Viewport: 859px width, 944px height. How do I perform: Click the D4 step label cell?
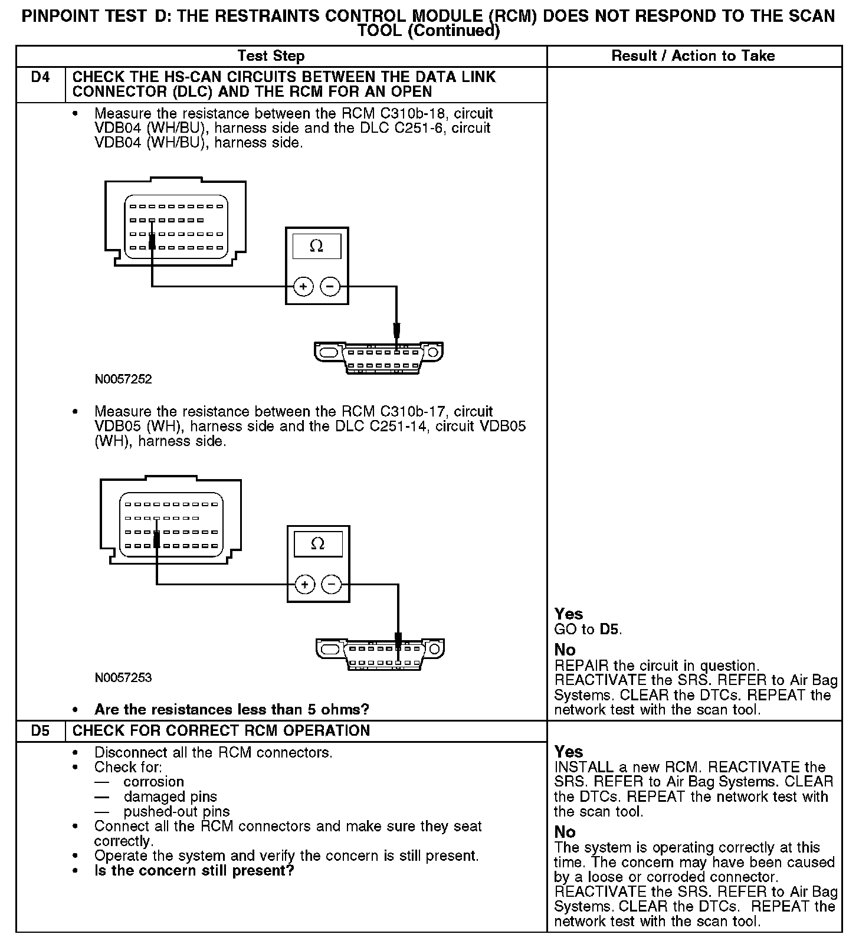click(x=40, y=77)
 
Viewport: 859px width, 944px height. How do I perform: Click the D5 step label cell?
click(x=40, y=730)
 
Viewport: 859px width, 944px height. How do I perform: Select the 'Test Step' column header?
click(x=271, y=56)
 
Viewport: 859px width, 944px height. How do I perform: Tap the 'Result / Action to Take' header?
click(x=693, y=56)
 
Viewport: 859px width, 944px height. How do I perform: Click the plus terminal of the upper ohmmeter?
click(x=303, y=287)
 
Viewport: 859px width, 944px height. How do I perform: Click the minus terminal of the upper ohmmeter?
click(x=330, y=287)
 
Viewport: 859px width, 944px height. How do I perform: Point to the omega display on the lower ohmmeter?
click(x=317, y=543)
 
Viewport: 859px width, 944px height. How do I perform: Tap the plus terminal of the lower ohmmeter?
click(x=304, y=585)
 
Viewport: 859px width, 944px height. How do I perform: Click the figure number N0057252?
click(x=123, y=379)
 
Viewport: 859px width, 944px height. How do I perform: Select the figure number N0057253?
click(x=123, y=677)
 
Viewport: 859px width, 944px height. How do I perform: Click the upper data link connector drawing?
click(x=378, y=356)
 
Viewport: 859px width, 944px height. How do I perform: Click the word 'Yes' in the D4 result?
click(x=569, y=614)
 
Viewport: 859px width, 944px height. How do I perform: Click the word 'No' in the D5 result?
click(x=565, y=832)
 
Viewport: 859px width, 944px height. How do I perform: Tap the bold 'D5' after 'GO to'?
click(x=610, y=630)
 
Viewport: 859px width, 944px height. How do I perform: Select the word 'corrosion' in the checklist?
click(x=153, y=782)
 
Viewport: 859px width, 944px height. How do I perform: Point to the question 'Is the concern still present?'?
click(x=194, y=871)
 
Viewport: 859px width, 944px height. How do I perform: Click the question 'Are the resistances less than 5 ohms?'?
click(x=231, y=709)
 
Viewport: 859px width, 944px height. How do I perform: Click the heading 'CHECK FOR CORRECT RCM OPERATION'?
click(x=221, y=730)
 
